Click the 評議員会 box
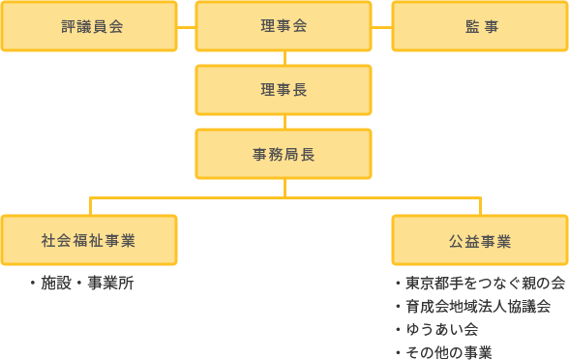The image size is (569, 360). coord(89,26)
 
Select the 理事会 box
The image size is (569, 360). coord(284,26)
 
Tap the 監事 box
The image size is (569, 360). coord(480,26)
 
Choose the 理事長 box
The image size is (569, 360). coord(284,90)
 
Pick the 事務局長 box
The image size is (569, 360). coord(284,154)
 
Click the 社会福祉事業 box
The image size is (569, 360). coord(89,240)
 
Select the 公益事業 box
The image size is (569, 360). coord(480,240)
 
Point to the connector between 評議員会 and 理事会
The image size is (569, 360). coord(187,26)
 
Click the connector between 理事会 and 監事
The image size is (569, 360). coord(381,26)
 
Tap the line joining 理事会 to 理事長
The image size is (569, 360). coord(284,58)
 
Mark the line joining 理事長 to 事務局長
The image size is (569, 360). coord(284,122)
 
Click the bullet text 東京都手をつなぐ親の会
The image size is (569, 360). coord(484,285)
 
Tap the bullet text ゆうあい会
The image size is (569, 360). coord(441,330)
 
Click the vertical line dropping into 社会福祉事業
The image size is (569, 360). coord(89,205)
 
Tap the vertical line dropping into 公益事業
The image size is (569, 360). coord(480,205)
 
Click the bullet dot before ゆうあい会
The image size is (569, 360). coord(398,330)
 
